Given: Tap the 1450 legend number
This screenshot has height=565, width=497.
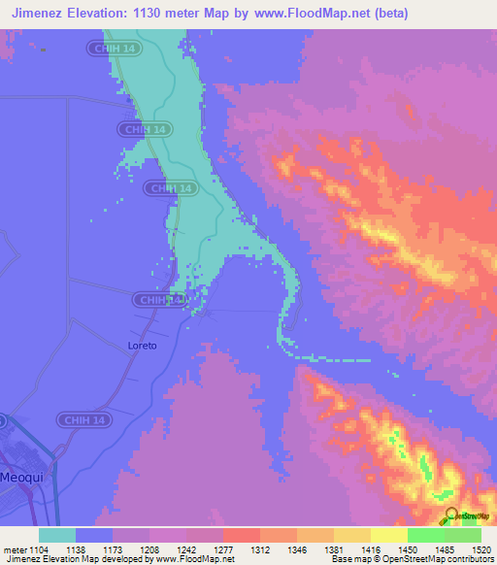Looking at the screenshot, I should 407,548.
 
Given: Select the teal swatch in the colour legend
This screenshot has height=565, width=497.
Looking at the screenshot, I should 57,534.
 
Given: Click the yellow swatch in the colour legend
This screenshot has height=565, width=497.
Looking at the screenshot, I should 388,534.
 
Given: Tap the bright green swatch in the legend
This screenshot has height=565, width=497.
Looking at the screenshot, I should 425,534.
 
